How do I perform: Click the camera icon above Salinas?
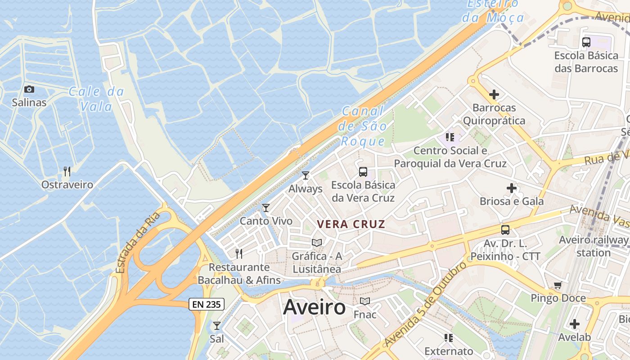tap(29, 89)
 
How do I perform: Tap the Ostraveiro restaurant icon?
tap(67, 171)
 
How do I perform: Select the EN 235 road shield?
tap(206, 304)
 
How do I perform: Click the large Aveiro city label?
tap(314, 307)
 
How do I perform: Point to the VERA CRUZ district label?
tap(351, 224)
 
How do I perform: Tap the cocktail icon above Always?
tap(306, 175)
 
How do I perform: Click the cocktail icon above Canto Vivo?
tap(266, 207)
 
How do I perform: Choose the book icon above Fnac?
tap(364, 301)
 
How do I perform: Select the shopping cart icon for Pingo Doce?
tap(558, 285)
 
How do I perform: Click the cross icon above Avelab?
tap(574, 324)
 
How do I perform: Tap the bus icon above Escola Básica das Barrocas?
tap(586, 42)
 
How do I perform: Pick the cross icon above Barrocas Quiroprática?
tap(494, 94)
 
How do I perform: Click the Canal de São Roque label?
tap(363, 126)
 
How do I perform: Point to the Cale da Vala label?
tap(96, 99)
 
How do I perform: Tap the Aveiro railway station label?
tap(593, 246)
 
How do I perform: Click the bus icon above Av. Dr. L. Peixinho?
tap(505, 230)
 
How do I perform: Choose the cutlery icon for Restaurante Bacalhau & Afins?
tap(239, 254)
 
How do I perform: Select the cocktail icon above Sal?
tap(217, 325)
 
